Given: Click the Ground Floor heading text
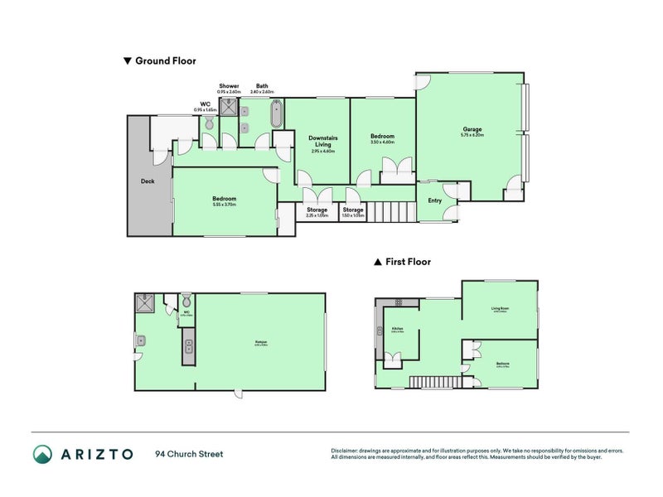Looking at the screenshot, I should click(166, 60).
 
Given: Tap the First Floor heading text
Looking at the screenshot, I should click(408, 261).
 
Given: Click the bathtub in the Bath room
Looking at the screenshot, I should click(277, 114).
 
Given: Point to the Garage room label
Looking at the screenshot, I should click(472, 129).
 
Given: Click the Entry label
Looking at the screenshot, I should click(435, 200).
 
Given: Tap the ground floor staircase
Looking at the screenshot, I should click(391, 212).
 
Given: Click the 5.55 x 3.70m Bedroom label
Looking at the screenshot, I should click(224, 199).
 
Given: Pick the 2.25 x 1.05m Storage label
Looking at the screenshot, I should click(317, 210).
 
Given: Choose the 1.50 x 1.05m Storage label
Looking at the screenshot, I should click(353, 210).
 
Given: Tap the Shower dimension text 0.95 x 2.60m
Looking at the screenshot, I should click(229, 91).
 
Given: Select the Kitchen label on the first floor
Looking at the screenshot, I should click(397, 330).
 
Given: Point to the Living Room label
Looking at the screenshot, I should click(500, 309).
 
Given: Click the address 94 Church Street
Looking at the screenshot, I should click(189, 454).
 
